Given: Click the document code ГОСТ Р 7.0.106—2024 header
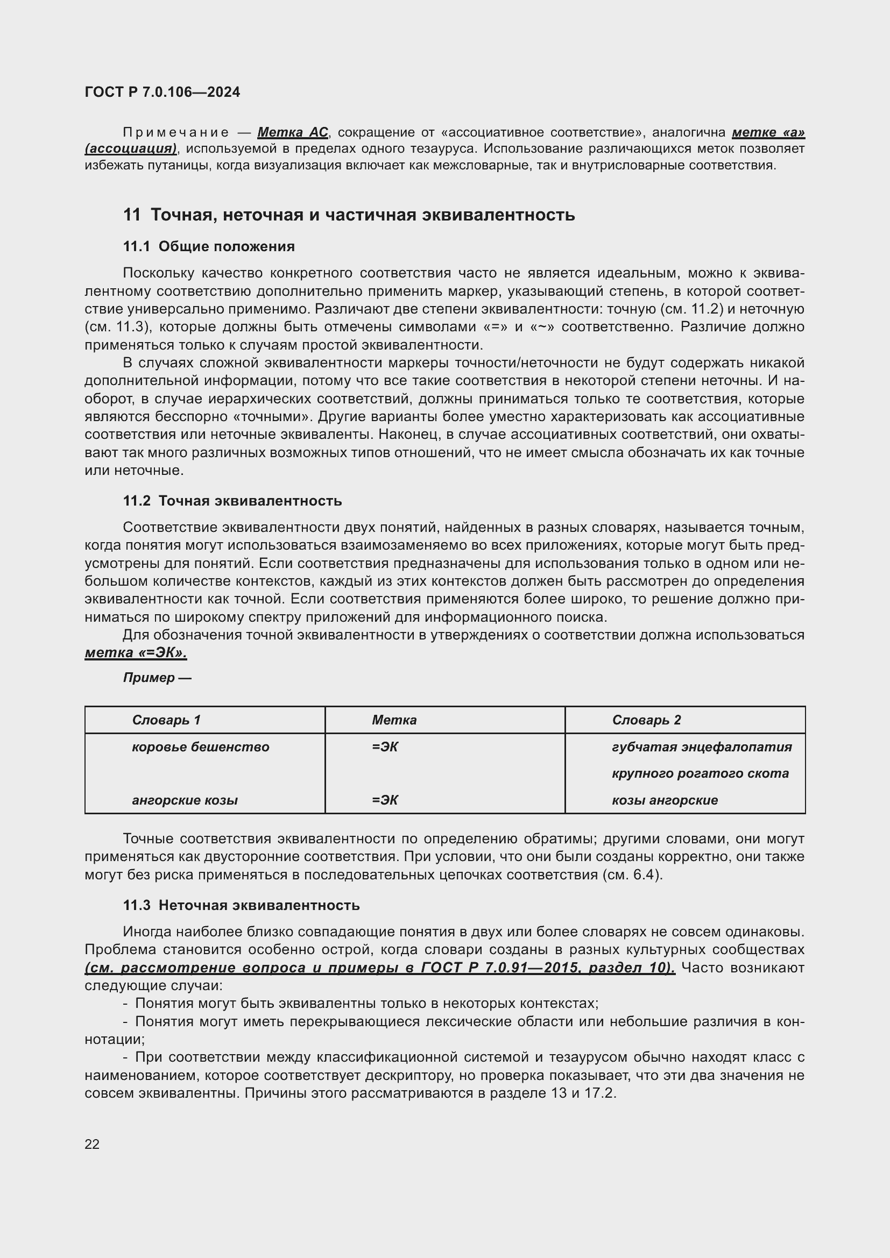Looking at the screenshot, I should (x=162, y=92).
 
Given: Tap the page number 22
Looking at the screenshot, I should (x=92, y=1144).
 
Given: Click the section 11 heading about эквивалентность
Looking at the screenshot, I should (x=349, y=215).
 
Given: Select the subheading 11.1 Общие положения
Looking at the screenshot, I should (x=209, y=246).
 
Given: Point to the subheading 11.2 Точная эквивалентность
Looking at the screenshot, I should (x=232, y=501).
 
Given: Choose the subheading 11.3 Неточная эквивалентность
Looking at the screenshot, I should (x=241, y=905).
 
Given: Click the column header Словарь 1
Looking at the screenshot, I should (x=166, y=720).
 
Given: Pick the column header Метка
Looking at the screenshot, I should (x=393, y=720).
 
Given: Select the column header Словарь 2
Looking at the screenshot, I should (x=646, y=720).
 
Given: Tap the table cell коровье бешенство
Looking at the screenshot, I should (x=200, y=747).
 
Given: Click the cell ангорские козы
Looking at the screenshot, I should (x=185, y=800).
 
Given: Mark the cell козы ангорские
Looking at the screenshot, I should (x=664, y=800).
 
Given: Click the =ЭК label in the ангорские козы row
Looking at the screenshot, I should (x=385, y=800).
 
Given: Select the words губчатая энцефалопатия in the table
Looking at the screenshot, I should (x=702, y=747).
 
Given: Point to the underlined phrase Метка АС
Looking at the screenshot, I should (x=292, y=133).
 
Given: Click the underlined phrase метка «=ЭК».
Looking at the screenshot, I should (x=136, y=652).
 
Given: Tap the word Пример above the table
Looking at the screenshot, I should (x=149, y=678).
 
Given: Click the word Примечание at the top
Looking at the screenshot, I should (x=176, y=133).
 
